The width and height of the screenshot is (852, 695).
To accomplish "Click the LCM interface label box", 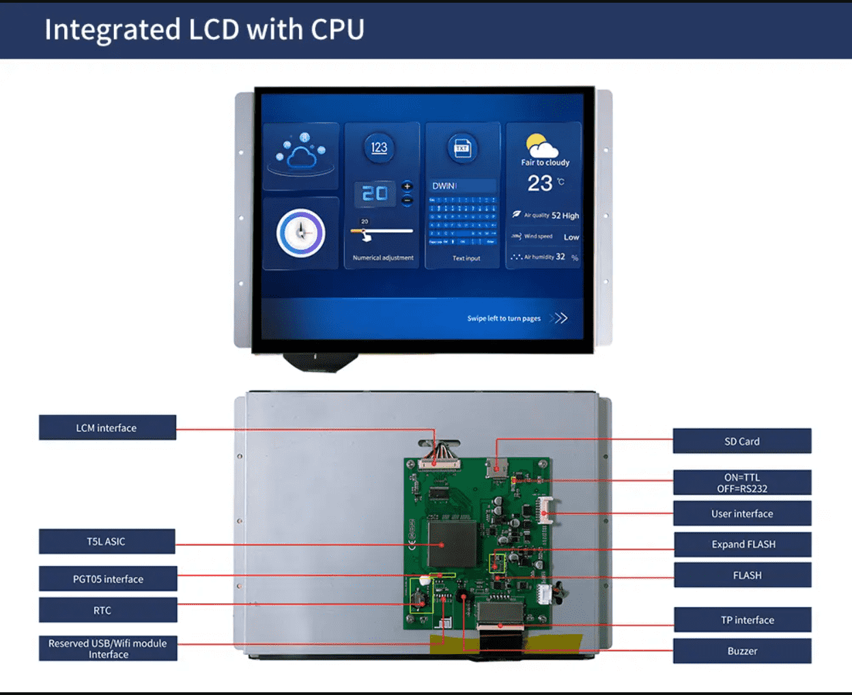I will [x=107, y=427].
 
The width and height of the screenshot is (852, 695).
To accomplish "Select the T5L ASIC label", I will [x=106, y=541].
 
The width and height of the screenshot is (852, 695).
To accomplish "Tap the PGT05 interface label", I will [x=108, y=579].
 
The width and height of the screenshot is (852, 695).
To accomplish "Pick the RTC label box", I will [x=108, y=610].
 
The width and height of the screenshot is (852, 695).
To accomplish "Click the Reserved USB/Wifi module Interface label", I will [x=108, y=649].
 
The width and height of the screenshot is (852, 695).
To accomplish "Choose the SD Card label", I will [x=742, y=441].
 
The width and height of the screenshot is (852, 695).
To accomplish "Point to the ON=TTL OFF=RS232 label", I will [x=742, y=483].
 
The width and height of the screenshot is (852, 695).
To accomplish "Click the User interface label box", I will [x=742, y=513].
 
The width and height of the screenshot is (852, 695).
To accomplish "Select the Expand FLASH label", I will [x=743, y=544].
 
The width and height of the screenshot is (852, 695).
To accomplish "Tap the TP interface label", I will [x=743, y=620].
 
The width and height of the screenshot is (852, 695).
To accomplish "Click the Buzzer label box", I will [x=742, y=651].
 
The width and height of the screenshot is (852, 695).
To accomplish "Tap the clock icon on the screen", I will [x=300, y=233].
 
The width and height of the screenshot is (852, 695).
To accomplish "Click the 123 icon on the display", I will [x=379, y=147].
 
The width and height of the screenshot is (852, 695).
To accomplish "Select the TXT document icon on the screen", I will [x=462, y=148].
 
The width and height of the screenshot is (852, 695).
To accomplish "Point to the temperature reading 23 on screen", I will [x=540, y=183].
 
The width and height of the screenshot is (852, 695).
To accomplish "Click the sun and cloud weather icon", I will [x=542, y=146].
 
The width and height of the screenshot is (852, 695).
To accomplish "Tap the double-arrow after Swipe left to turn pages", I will [x=559, y=318].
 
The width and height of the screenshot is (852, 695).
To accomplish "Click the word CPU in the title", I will [x=337, y=29].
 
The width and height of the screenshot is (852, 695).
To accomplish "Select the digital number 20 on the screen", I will [x=375, y=194].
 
